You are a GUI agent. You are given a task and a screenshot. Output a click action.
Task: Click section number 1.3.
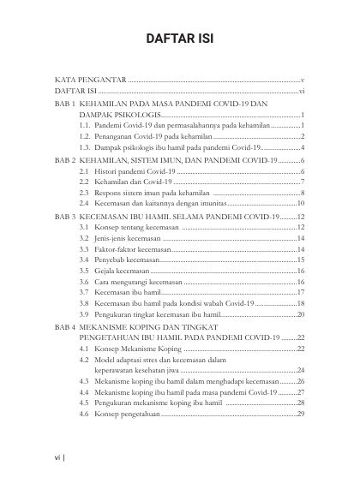click(85, 147)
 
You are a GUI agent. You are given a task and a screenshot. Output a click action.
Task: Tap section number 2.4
click(84, 205)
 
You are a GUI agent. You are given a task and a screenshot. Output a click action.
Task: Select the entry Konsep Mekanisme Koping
click(139, 349)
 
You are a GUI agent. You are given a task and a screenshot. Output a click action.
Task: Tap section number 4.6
click(84, 414)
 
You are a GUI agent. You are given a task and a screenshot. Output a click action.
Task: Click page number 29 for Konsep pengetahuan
click(301, 414)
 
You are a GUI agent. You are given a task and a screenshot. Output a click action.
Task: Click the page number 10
click(301, 205)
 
